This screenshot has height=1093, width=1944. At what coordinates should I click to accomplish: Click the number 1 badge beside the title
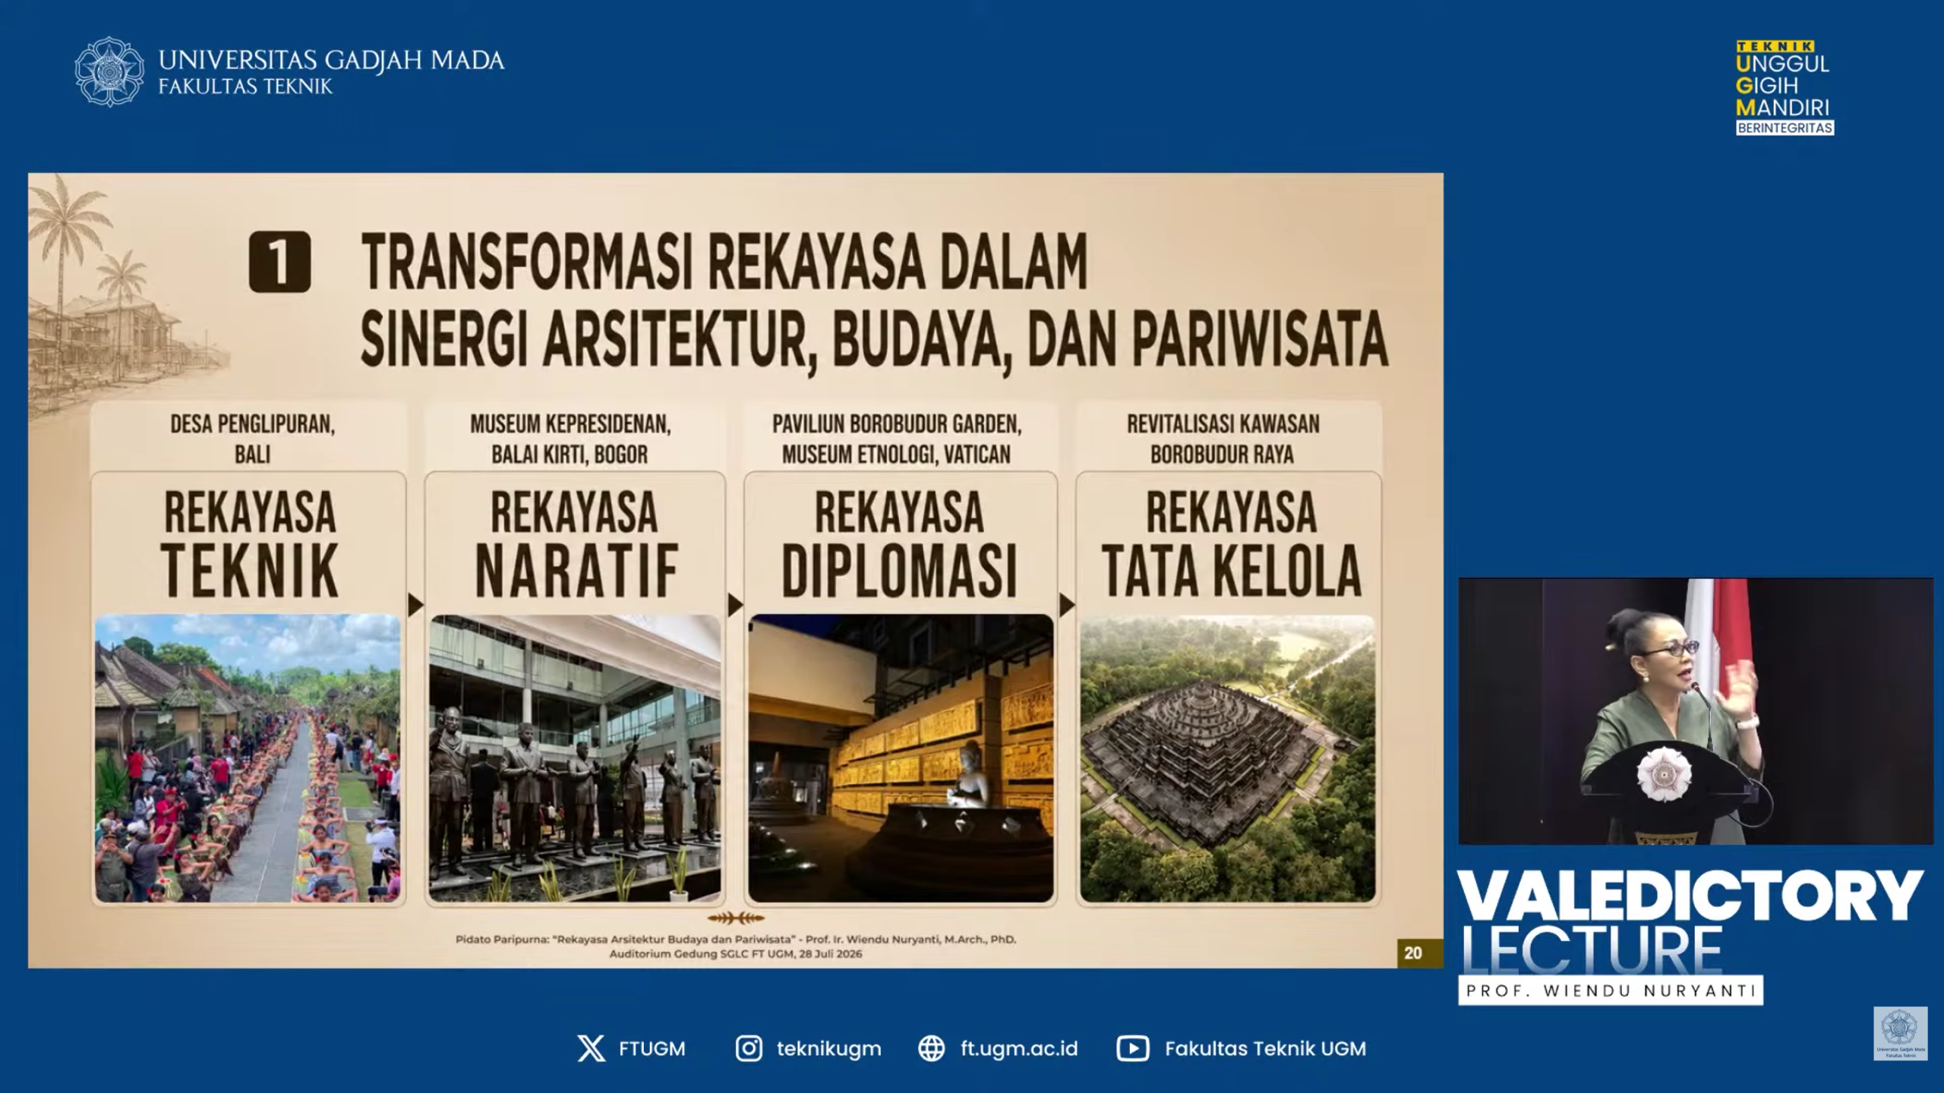pos(279,262)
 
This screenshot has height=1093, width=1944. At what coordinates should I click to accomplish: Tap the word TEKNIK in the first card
pos(250,571)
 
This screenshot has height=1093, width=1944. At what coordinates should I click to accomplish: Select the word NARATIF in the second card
pos(576,571)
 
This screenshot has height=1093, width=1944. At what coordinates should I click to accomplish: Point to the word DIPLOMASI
pos(899,571)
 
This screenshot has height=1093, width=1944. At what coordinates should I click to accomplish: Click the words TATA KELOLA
pos(1231,571)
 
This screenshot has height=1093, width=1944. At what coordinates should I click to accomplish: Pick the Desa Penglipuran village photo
pos(248,758)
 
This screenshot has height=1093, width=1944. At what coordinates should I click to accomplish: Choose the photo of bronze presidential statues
pos(575,758)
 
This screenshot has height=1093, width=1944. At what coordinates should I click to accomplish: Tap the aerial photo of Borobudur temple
pos(1227,758)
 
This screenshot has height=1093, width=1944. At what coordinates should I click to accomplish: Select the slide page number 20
pos(1412,953)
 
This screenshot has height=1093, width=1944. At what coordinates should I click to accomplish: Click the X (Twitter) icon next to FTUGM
pos(592,1049)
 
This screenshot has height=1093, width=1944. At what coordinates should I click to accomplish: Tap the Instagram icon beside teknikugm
pos(749,1049)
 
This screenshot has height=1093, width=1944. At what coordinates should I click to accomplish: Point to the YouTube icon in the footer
pos(1132,1049)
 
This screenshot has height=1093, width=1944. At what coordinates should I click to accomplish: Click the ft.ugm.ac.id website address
pos(1019,1049)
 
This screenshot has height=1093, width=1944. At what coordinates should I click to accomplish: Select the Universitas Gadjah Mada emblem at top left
pos(109,71)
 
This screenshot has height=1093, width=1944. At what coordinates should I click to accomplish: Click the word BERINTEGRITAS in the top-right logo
pos(1785,128)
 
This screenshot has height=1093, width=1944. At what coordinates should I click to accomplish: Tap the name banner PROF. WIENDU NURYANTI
pos(1611,991)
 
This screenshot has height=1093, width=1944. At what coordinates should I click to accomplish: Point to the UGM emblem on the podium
pos(1663,773)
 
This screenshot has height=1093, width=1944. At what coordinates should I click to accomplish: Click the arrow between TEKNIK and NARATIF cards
pos(415,605)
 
